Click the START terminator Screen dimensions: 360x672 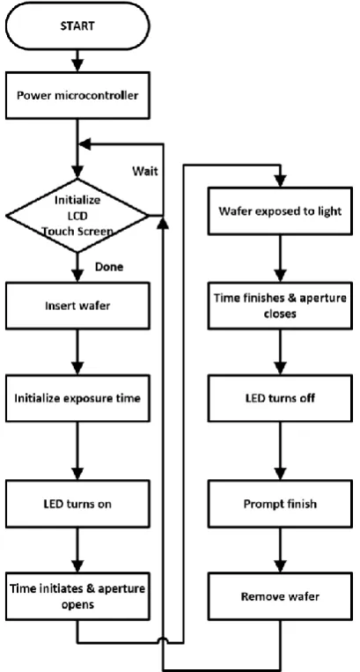[x=77, y=26]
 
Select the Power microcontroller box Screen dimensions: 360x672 [x=77, y=95]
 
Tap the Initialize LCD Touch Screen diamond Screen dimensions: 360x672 [x=77, y=216]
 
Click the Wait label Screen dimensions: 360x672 [x=144, y=172]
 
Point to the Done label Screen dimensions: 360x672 [x=109, y=267]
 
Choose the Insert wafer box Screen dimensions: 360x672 [x=77, y=306]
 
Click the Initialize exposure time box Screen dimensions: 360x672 [x=77, y=398]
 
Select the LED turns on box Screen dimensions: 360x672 [x=77, y=504]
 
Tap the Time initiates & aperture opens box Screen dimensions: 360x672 [x=77, y=596]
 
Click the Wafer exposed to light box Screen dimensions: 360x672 [x=281, y=210]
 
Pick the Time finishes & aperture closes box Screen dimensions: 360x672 [x=281, y=306]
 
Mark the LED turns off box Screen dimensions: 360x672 [x=281, y=398]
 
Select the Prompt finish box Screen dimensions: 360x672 [x=281, y=504]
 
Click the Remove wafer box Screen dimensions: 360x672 [x=281, y=596]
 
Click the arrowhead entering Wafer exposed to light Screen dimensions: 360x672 [x=281, y=181]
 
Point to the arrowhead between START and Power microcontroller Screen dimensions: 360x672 [x=77, y=65]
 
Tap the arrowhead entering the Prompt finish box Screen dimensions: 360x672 [x=281, y=474]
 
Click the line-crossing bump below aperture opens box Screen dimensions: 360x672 [x=164, y=640]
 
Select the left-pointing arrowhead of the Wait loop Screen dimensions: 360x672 [x=85, y=144]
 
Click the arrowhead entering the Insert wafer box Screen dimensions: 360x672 [x=77, y=276]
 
